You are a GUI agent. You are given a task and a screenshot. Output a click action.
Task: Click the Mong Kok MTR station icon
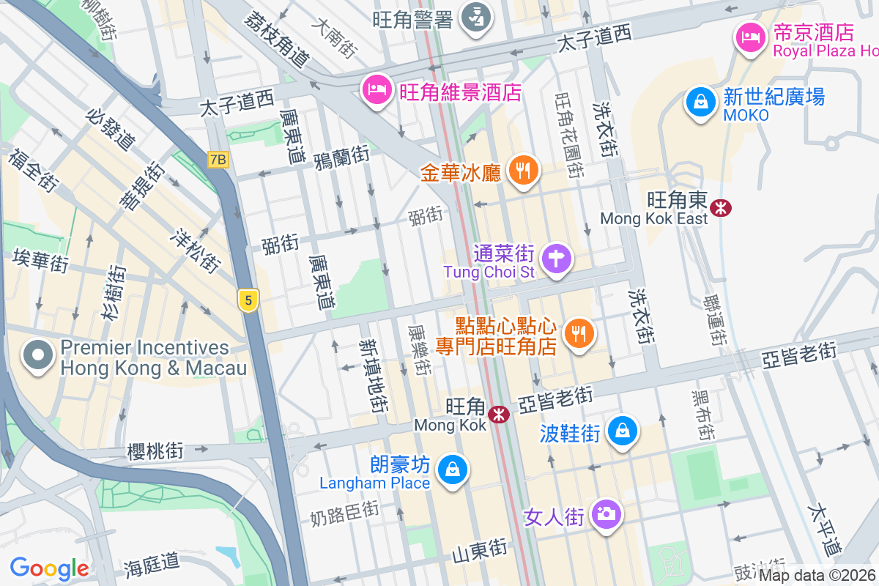[x=500, y=415]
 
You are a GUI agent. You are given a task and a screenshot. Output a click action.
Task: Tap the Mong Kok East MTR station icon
[x=722, y=208]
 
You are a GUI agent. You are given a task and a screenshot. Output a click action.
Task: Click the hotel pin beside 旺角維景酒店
[x=377, y=91]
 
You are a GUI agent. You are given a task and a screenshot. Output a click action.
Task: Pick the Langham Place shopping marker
[x=453, y=470]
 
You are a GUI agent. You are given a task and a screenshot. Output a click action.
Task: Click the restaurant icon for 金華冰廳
[x=522, y=171]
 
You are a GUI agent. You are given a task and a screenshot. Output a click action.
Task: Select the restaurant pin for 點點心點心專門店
[x=579, y=334]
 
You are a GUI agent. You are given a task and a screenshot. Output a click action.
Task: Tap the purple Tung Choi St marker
[x=556, y=259]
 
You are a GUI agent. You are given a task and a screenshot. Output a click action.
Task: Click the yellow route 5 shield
[x=249, y=300]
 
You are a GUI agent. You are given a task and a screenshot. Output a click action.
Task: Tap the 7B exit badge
[x=218, y=159]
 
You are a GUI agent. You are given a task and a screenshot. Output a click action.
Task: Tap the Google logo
[x=49, y=568]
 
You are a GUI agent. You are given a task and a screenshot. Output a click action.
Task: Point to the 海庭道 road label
[x=152, y=563]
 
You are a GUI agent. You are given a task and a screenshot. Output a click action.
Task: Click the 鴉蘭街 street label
[x=341, y=157]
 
